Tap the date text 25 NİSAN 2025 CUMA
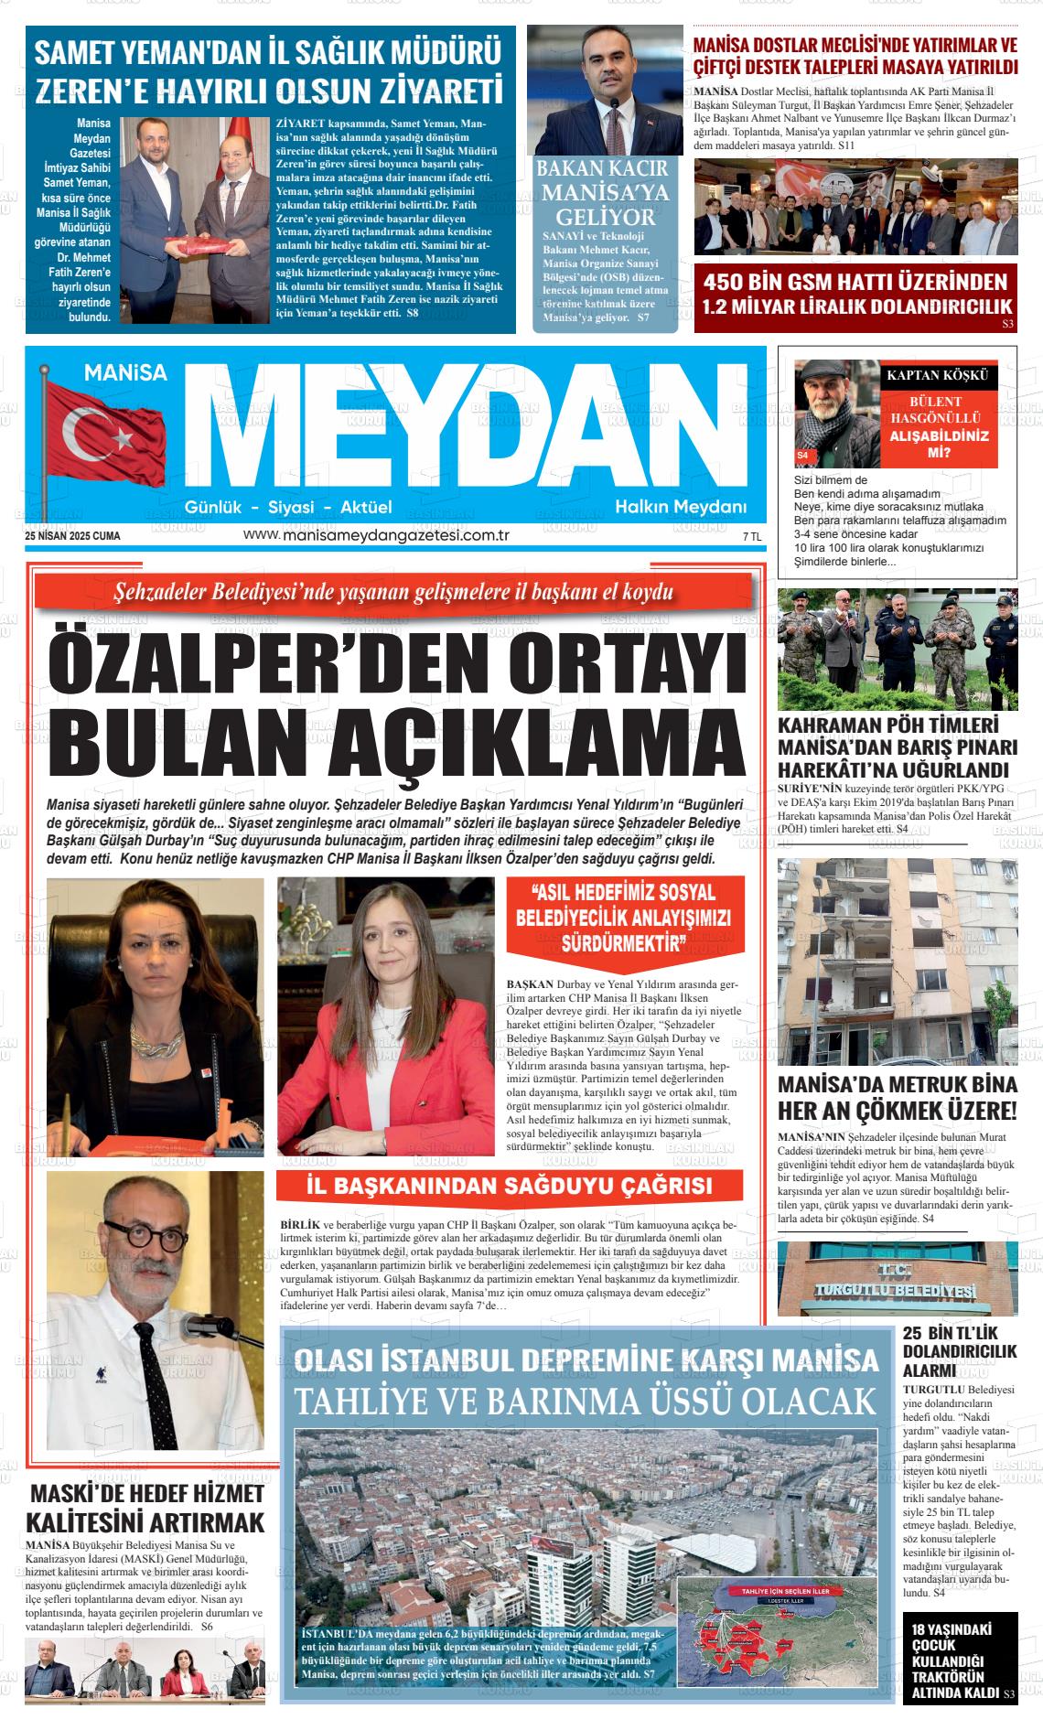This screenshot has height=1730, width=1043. (73, 536)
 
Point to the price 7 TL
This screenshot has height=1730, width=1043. (751, 537)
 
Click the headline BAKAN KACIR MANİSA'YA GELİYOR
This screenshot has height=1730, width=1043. (601, 193)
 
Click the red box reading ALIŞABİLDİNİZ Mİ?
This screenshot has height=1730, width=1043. (939, 444)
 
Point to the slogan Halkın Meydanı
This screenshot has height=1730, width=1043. (681, 507)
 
